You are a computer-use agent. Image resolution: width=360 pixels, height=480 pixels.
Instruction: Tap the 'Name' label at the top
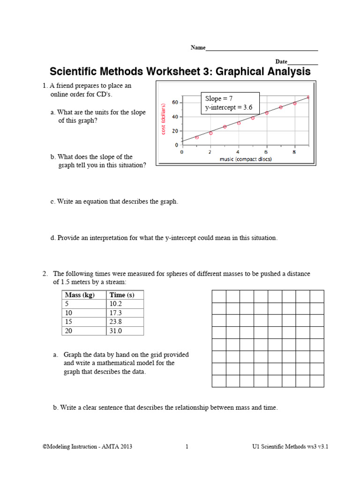(x=198, y=48)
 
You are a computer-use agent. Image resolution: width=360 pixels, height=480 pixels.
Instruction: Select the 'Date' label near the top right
(x=281, y=62)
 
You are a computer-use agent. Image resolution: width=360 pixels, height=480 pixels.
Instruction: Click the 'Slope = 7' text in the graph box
(x=219, y=98)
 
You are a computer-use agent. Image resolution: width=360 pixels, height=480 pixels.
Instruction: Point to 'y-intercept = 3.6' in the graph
(x=229, y=107)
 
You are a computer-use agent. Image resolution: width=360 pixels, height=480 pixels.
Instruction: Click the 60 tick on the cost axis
(x=174, y=102)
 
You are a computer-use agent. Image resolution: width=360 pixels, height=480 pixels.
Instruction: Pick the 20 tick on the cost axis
(x=174, y=131)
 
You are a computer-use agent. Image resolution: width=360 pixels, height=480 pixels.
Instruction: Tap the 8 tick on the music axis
(x=294, y=152)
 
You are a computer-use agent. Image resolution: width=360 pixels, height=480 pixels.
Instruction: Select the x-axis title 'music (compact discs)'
(x=246, y=159)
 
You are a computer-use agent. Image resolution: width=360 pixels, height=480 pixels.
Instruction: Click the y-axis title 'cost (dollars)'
(x=164, y=120)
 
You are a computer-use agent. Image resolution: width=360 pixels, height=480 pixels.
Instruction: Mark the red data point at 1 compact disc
(x=196, y=137)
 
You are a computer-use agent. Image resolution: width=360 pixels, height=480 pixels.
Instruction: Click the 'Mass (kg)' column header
(x=78, y=295)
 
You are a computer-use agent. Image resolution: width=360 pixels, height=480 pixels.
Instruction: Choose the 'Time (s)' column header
(x=121, y=295)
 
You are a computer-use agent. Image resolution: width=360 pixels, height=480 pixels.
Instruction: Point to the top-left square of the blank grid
(x=219, y=296)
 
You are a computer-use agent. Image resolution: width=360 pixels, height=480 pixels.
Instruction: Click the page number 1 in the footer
(x=187, y=447)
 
